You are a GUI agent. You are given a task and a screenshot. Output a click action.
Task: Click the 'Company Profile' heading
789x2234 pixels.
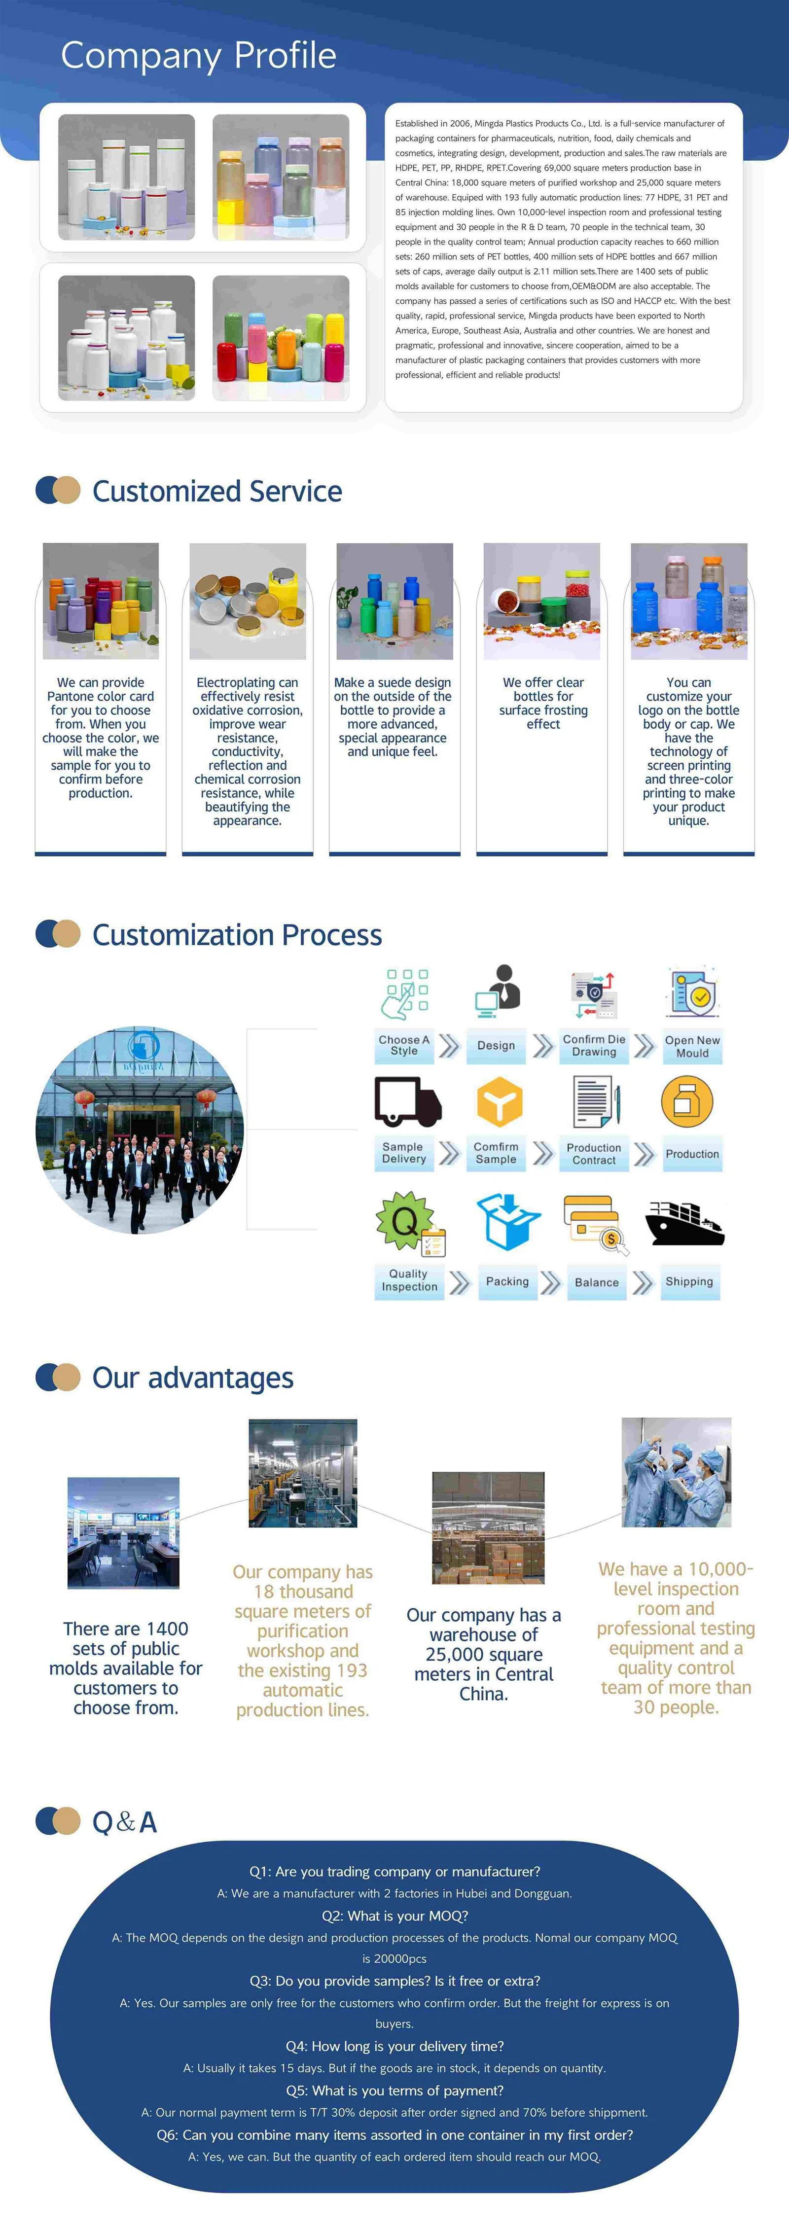click(199, 56)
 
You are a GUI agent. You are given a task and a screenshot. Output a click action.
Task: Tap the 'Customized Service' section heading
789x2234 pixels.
click(217, 491)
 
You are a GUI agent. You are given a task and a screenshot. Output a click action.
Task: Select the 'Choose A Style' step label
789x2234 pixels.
click(404, 1045)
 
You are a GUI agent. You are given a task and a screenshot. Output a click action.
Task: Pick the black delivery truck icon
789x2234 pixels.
click(407, 1101)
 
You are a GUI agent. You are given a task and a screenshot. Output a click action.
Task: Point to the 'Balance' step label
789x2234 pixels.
click(597, 1282)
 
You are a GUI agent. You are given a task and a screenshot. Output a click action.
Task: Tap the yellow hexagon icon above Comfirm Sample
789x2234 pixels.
click(500, 1101)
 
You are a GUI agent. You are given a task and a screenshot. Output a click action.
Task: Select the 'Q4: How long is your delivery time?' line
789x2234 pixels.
click(394, 2046)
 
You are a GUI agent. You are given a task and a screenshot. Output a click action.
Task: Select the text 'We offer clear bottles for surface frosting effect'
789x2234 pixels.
click(543, 703)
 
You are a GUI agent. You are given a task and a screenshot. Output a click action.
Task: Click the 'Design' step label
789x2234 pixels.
click(496, 1045)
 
